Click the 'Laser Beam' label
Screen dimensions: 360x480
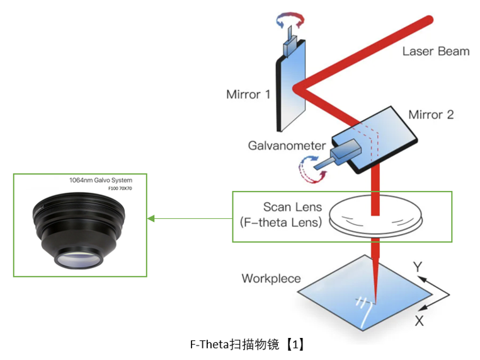tap(436, 51)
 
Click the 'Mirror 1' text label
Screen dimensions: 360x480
tap(248, 95)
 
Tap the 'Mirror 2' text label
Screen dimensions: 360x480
tap(431, 115)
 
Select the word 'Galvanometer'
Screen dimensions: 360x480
tap(287, 146)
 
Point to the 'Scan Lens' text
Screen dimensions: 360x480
tap(292, 207)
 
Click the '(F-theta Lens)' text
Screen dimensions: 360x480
tap(280, 222)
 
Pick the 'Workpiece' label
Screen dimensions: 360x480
tap(271, 278)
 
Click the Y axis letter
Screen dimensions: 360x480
tap(417, 267)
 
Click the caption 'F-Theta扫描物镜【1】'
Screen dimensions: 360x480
tap(247, 344)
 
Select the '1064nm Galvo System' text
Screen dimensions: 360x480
tap(101, 180)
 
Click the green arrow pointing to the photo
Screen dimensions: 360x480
tap(189, 219)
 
